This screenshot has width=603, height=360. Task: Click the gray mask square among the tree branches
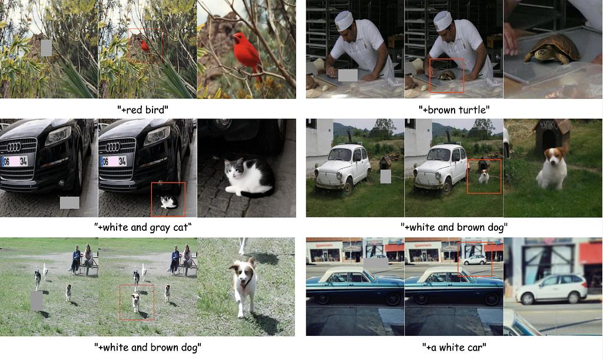click(x=46, y=48)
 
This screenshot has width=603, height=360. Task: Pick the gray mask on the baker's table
click(x=347, y=75)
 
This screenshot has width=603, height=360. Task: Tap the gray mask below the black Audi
click(x=69, y=203)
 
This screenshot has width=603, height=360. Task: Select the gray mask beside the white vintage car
click(x=385, y=177)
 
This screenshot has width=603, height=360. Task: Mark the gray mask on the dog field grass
click(x=37, y=300)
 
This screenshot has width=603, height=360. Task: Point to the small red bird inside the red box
click(x=145, y=47)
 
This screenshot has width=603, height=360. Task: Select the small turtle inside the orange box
click(x=447, y=75)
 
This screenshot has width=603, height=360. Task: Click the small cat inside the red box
click(x=168, y=202)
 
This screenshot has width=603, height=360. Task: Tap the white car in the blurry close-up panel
click(x=551, y=289)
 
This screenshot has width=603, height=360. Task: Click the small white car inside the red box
click(x=475, y=260)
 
